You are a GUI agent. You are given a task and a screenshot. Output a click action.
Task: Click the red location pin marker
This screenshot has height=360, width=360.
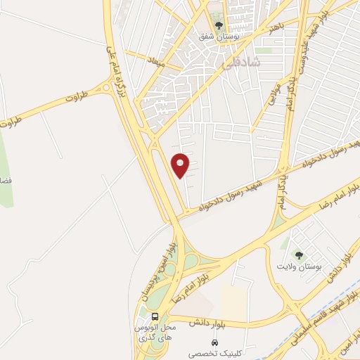tap(181, 165)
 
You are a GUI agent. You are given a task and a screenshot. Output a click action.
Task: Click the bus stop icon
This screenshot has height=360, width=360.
tap(155, 316)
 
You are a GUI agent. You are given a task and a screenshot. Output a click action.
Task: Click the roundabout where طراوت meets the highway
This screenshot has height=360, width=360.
tap(105, 89)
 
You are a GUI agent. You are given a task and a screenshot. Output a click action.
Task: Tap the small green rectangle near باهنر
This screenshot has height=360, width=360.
tap(263, 51)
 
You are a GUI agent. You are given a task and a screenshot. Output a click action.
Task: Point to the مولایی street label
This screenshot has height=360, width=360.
tap(273, 93)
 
